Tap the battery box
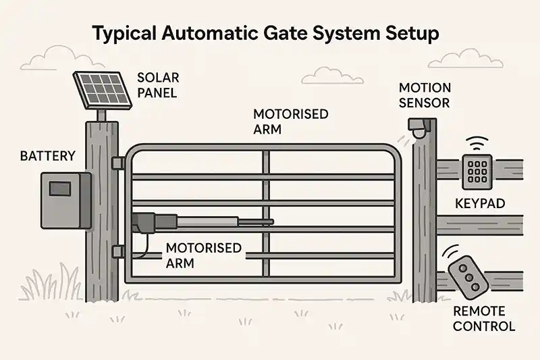tap(66, 201)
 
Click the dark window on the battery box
tap(60, 189)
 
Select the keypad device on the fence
tap(477, 172)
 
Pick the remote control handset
tap(468, 278)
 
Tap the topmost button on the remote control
tap(462, 267)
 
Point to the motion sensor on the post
tap(419, 128)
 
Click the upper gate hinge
tap(118, 163)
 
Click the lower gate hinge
tap(118, 251)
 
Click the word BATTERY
tap(47, 156)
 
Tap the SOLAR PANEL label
tap(158, 85)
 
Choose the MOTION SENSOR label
tap(425, 95)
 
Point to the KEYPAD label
tap(480, 203)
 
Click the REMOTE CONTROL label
tap(484, 319)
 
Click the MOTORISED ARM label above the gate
tap(291, 122)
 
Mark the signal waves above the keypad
tap(477, 143)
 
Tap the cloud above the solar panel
tap(62, 58)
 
